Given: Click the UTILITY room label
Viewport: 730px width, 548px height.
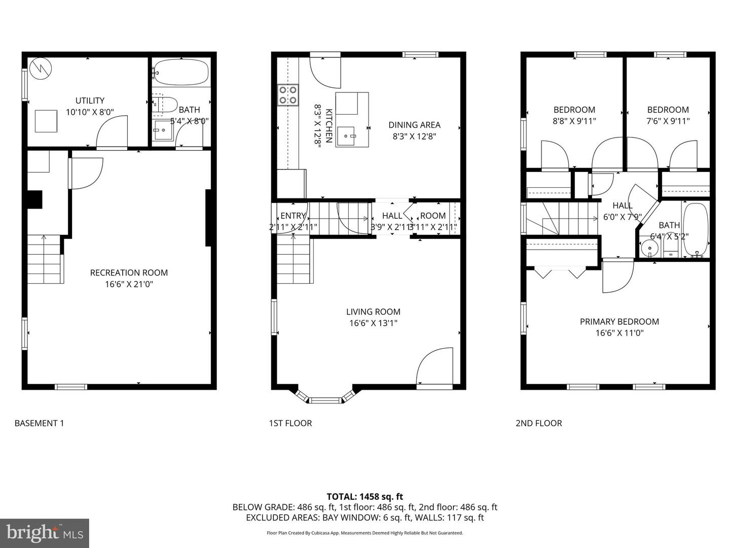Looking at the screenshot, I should (x=90, y=100).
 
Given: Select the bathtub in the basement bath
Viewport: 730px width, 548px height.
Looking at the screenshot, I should (x=181, y=73).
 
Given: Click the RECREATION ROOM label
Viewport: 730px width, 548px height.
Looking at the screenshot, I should (x=129, y=272).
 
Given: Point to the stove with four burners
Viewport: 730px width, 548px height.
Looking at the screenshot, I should (x=287, y=95).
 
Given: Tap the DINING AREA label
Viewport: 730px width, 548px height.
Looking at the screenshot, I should (x=414, y=125).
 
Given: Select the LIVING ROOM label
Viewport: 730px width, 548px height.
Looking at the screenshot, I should (x=373, y=312).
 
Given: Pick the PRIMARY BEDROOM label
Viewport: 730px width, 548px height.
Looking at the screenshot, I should (x=619, y=322).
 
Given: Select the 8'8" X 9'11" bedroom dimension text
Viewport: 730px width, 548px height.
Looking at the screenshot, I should (x=574, y=121).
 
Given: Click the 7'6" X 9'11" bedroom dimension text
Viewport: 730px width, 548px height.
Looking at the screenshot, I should (x=668, y=121).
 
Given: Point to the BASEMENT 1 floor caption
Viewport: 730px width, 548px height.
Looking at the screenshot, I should (x=40, y=423).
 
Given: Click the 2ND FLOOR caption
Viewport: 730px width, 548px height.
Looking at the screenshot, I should (x=538, y=423).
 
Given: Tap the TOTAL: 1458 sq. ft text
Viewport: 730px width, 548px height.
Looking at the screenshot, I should (x=364, y=497).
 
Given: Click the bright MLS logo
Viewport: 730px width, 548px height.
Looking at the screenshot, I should (x=45, y=533).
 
